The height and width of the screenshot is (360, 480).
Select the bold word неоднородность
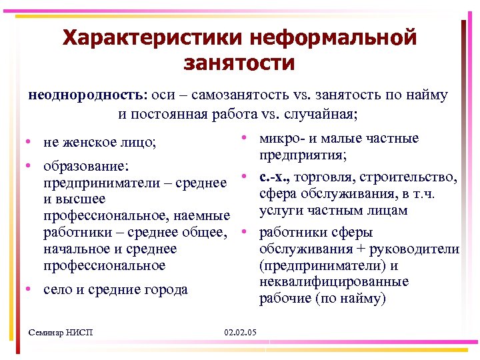(89, 95)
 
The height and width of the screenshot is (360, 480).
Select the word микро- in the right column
(280, 138)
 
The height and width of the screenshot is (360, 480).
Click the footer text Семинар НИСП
(62, 332)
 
